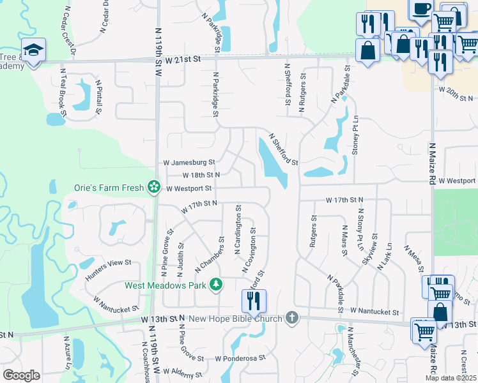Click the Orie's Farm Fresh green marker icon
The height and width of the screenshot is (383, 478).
point(153,187)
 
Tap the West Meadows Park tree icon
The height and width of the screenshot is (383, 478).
point(217,284)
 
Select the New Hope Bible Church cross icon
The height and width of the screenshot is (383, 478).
point(292,317)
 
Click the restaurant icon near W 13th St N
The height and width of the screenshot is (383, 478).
point(254,301)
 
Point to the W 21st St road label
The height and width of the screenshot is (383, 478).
point(182,59)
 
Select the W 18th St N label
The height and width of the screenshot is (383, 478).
point(201,174)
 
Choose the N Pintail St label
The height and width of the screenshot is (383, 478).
point(99,96)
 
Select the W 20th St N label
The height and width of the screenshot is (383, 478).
point(456,98)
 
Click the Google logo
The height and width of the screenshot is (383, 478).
point(21,375)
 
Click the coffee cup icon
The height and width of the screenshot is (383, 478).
point(420,10)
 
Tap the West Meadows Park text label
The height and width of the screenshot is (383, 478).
point(167,285)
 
